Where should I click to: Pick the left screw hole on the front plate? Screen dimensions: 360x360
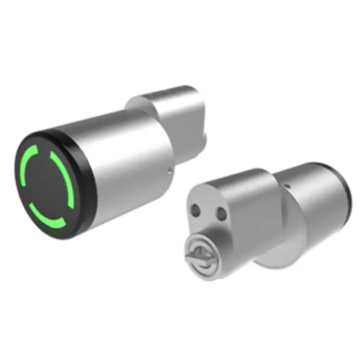[x=195, y=210]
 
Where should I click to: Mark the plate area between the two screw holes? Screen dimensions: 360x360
[x=207, y=211]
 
